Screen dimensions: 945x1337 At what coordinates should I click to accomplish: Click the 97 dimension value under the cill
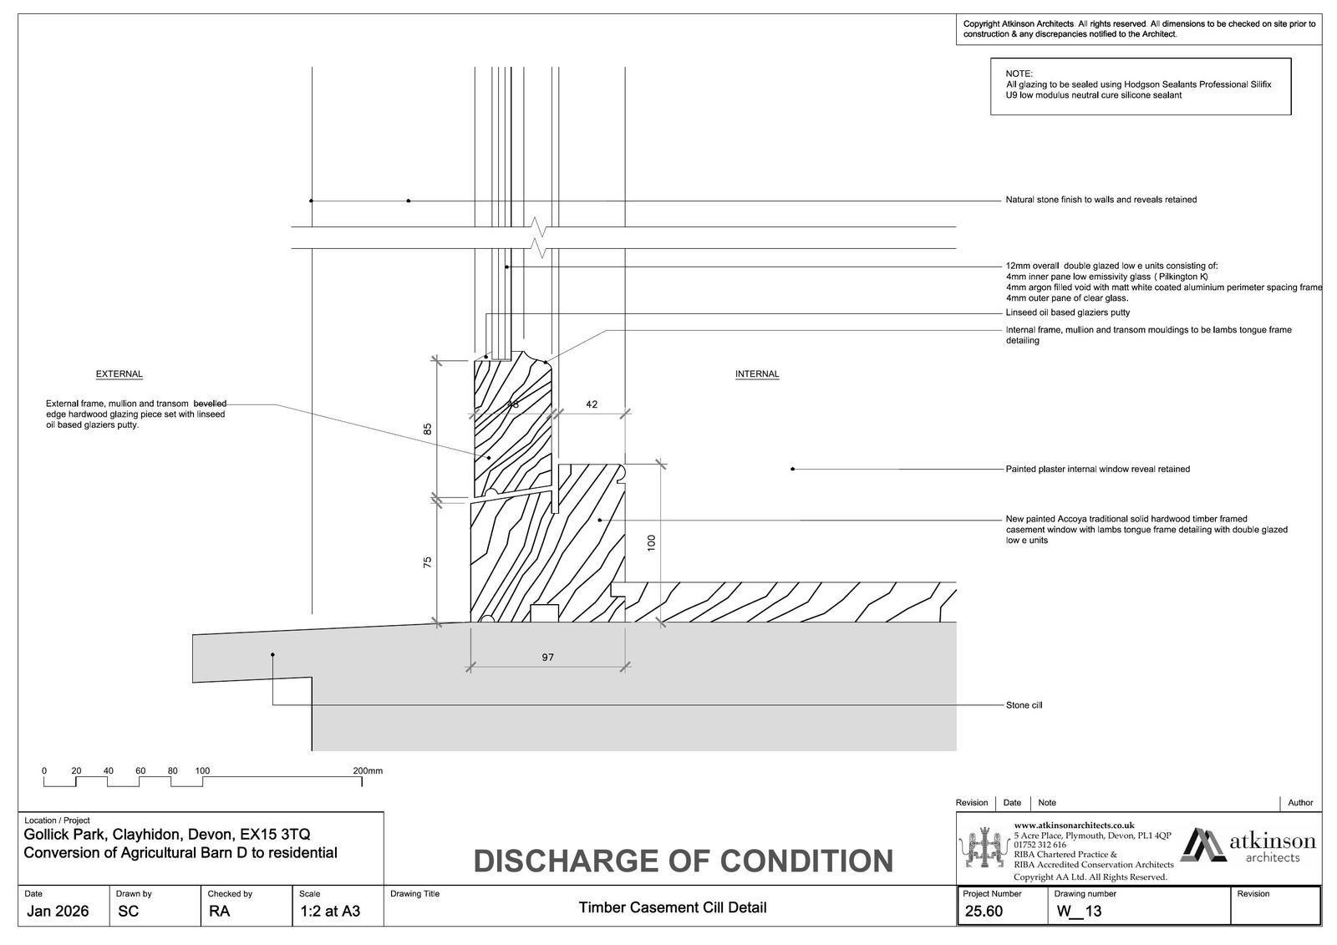click(547, 658)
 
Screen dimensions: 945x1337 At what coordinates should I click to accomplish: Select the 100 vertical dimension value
click(652, 542)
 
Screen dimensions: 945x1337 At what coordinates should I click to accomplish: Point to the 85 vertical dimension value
click(428, 429)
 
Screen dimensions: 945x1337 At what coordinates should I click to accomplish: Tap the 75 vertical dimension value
click(428, 562)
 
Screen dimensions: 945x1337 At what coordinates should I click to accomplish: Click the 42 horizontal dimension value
click(592, 404)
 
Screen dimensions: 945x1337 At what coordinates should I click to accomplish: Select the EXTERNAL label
click(119, 374)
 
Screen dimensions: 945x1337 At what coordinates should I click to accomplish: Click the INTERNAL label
click(757, 374)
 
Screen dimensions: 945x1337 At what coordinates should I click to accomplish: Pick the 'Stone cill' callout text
click(1024, 705)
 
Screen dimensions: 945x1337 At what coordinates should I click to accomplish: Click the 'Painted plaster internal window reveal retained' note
click(1097, 470)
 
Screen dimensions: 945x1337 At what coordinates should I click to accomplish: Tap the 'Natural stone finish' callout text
click(1101, 200)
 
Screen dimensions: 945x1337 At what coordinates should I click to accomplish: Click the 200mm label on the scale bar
click(368, 771)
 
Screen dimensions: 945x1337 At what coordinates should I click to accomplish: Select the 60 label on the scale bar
click(140, 771)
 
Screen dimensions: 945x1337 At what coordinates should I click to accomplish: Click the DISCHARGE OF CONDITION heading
click(683, 861)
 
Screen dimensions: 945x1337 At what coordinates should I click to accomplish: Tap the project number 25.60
click(984, 912)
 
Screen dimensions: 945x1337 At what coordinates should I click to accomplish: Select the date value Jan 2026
click(57, 912)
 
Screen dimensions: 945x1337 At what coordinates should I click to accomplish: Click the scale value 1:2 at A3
click(330, 912)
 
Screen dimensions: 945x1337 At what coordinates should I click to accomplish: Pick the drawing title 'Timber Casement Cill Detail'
click(672, 907)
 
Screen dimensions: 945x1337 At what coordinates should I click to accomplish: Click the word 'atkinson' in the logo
click(1272, 841)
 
